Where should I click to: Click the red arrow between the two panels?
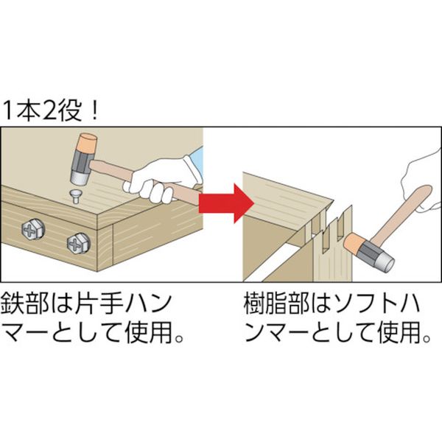click(225, 203)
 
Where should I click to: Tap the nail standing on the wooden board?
click(75, 197)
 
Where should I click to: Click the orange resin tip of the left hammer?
click(87, 142)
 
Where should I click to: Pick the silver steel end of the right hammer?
click(383, 262)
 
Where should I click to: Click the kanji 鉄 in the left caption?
click(13, 304)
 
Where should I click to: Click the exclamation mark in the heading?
click(94, 110)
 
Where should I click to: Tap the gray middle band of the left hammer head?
click(82, 161)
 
